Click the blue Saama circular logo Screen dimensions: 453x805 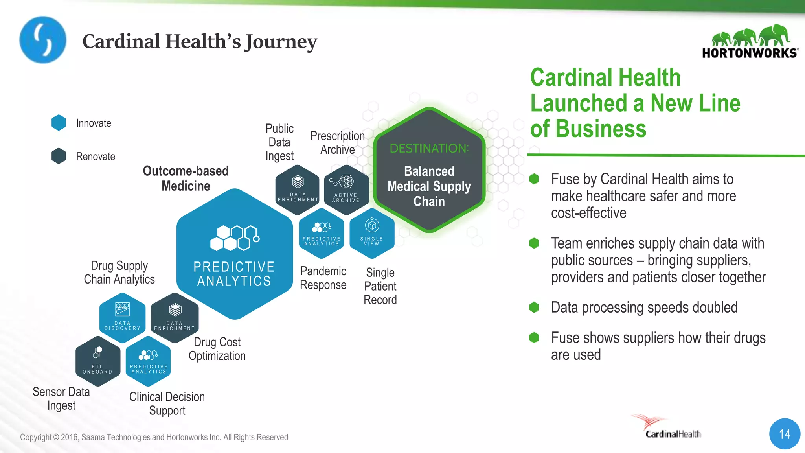click(x=43, y=40)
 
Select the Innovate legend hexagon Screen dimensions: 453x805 click(x=59, y=123)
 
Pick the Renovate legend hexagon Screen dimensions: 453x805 click(x=59, y=156)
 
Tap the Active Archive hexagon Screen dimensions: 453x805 click(x=346, y=190)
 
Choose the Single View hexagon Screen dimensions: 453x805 click(x=372, y=233)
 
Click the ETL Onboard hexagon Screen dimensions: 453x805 click(x=97, y=361)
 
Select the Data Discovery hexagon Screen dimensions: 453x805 click(x=122, y=317)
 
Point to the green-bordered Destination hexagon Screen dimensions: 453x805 click(x=429, y=170)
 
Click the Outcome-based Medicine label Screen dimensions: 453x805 click(x=186, y=178)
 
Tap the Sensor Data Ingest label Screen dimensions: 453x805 click(x=61, y=398)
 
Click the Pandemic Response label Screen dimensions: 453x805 click(x=323, y=278)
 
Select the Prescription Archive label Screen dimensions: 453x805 click(x=337, y=143)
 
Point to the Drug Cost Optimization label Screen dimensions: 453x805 click(x=217, y=349)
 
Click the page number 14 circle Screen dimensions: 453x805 click(x=785, y=434)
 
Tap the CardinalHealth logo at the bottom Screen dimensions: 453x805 click(x=668, y=428)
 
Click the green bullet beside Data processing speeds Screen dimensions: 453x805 click(x=534, y=307)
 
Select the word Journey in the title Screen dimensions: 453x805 click(x=281, y=42)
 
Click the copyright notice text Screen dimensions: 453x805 click(x=154, y=437)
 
